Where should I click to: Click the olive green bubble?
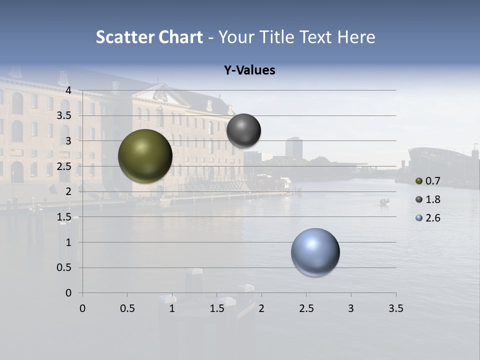145,156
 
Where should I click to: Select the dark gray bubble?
243,130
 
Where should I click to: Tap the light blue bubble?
315,252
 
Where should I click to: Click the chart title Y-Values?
249,70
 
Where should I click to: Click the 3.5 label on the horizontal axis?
395,308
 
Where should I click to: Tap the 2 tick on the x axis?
261,308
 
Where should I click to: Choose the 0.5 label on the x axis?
127,308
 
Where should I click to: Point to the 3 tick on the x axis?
351,308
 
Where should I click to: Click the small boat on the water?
384,202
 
